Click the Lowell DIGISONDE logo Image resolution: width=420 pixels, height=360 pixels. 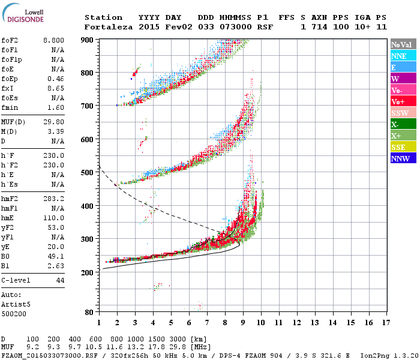pyautogui.click(x=25, y=15)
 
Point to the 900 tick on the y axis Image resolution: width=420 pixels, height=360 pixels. pyautogui.click(x=88, y=40)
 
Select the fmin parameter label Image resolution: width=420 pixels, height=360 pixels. pyautogui.click(x=11, y=107)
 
